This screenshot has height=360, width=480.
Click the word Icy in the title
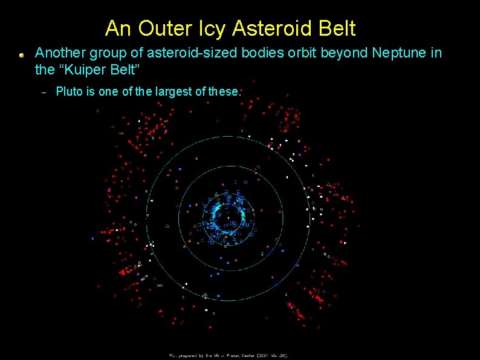tap(209, 28)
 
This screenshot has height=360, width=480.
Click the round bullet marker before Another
tap(21, 55)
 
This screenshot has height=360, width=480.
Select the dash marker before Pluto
tap(43, 93)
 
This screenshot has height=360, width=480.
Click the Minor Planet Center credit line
tap(229, 356)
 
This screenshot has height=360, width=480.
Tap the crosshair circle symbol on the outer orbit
tap(205, 296)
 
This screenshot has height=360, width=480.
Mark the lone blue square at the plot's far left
tap(92, 239)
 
